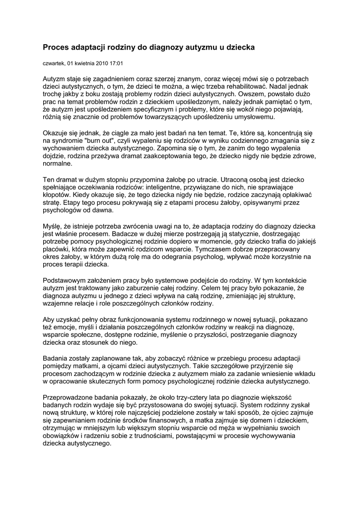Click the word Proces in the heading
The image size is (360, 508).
pyautogui.click(x=56, y=47)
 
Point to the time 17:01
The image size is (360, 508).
pyautogui.click(x=117, y=64)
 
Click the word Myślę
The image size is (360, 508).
pyautogui.click(x=54, y=226)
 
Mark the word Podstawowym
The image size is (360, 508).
pyautogui.click(x=67, y=280)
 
